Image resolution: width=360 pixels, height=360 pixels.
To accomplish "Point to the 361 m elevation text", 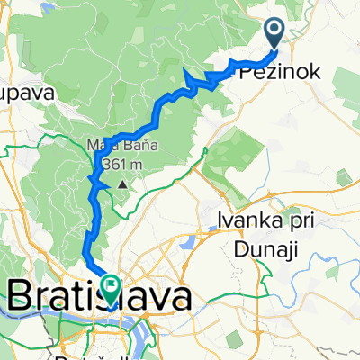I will [x=118, y=164].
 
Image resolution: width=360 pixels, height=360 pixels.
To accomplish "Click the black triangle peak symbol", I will [x=121, y=186].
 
